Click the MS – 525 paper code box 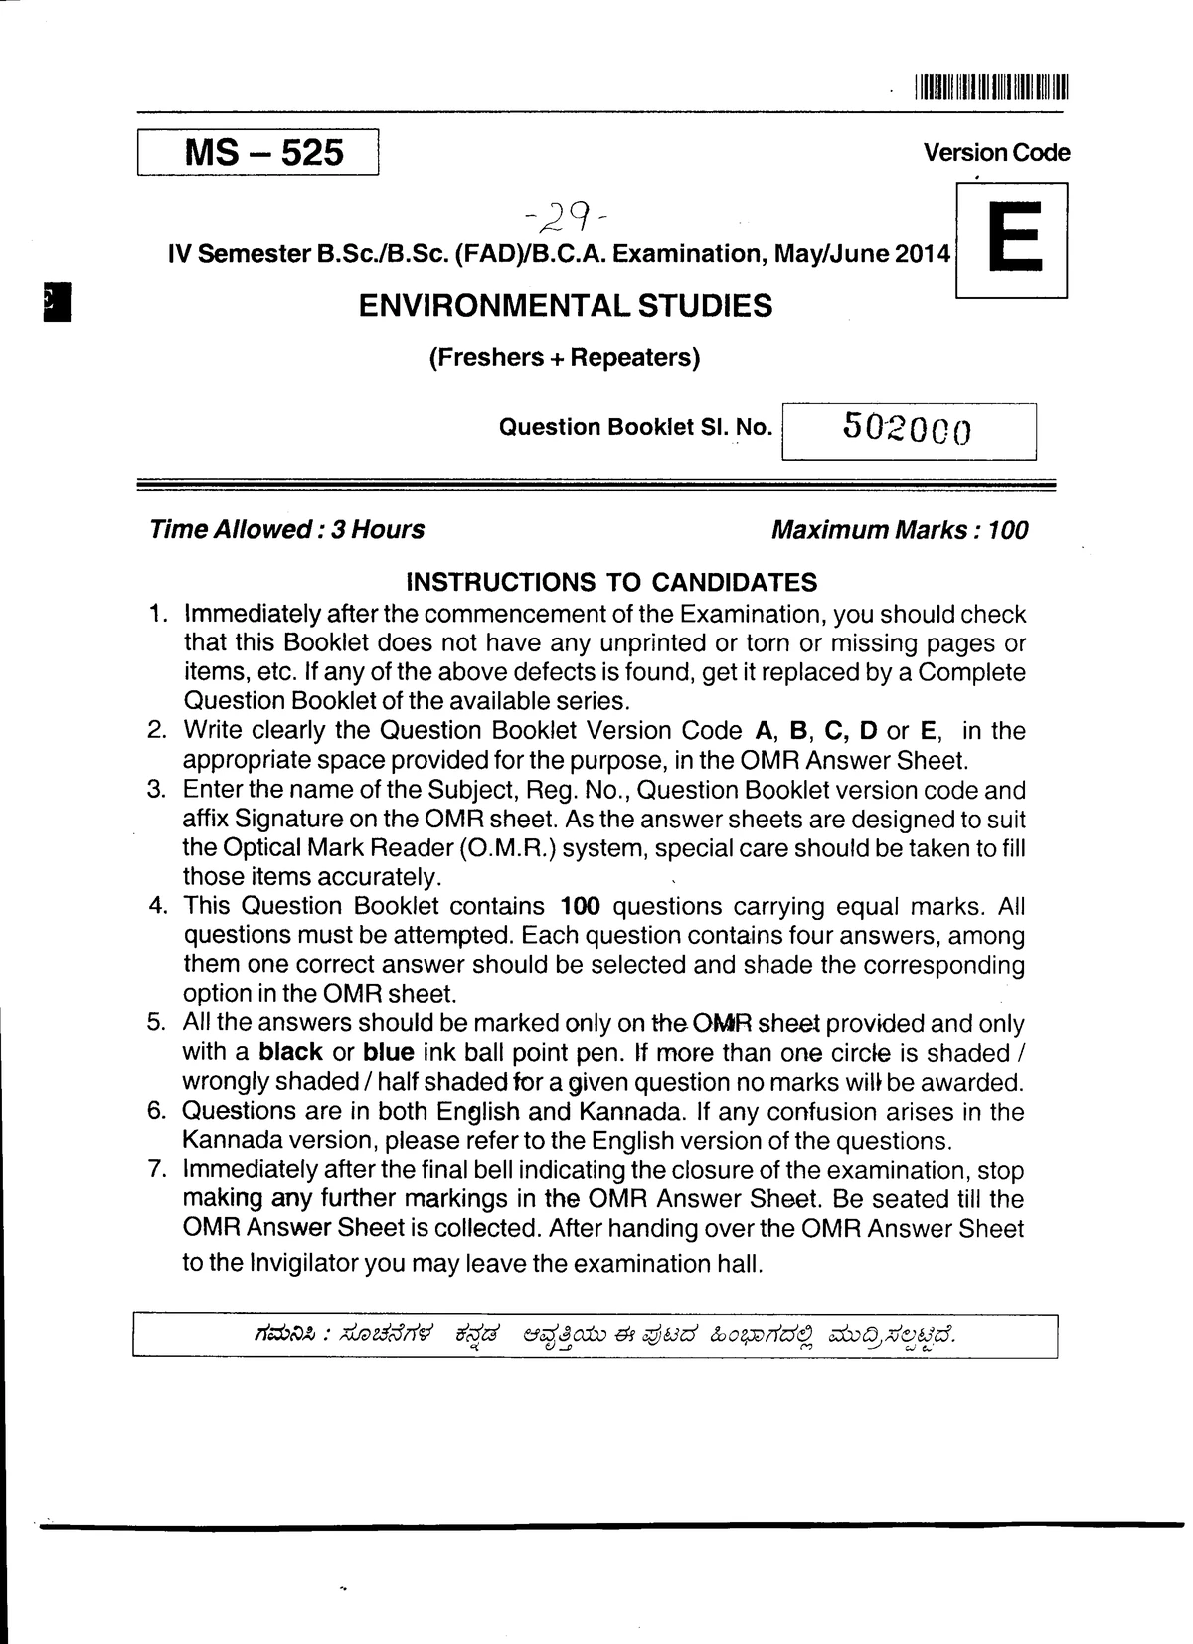[257, 152]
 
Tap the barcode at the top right [989, 88]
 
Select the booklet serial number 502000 [907, 429]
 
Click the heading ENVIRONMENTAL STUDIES [565, 305]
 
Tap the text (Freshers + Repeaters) [564, 357]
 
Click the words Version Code [996, 153]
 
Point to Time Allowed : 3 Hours [286, 529]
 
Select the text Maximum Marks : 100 [900, 529]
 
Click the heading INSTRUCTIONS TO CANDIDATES [612, 582]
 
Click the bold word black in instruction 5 [290, 1052]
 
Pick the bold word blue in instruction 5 [388, 1052]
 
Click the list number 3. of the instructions [156, 790]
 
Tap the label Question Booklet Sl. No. [634, 428]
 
